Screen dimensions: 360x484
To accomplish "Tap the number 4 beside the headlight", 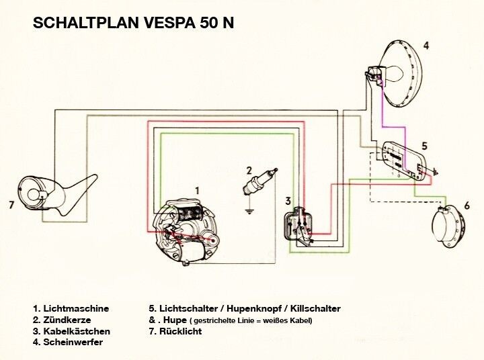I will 426,46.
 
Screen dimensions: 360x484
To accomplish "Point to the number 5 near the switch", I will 424,146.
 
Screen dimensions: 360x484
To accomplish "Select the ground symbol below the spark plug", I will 249,212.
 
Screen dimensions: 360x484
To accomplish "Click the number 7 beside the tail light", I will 11,205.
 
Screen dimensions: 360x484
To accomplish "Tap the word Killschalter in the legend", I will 315,309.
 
